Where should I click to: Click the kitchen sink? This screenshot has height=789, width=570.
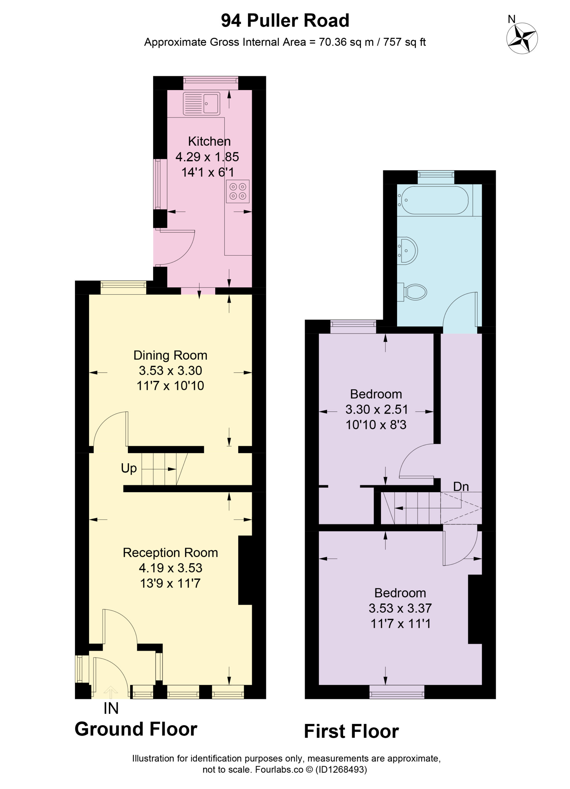coord(202,103)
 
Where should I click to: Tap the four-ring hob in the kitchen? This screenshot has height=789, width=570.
coord(238,191)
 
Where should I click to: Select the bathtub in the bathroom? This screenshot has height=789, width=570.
coord(435,200)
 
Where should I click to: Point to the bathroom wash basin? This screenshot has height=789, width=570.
coord(408,250)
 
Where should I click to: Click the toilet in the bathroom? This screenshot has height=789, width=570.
coord(412,292)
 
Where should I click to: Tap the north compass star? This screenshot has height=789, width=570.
coord(522,38)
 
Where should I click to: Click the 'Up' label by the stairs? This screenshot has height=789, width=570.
coord(129,468)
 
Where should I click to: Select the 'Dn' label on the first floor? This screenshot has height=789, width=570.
coord(461,486)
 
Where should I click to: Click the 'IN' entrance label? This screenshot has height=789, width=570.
coord(111,708)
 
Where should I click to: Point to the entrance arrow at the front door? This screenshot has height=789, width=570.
coord(111,692)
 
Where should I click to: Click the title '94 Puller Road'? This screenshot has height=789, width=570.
coord(285,21)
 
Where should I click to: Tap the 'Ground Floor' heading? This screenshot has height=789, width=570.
coord(136,729)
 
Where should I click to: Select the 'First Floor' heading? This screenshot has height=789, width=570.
coord(351,731)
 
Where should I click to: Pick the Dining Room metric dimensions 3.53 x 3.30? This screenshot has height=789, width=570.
coord(170,370)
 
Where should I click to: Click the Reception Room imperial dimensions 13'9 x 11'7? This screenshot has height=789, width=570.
coord(170,583)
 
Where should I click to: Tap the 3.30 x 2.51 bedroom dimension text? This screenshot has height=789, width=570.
coord(376,410)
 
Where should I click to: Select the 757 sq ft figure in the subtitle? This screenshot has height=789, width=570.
coord(404,42)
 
